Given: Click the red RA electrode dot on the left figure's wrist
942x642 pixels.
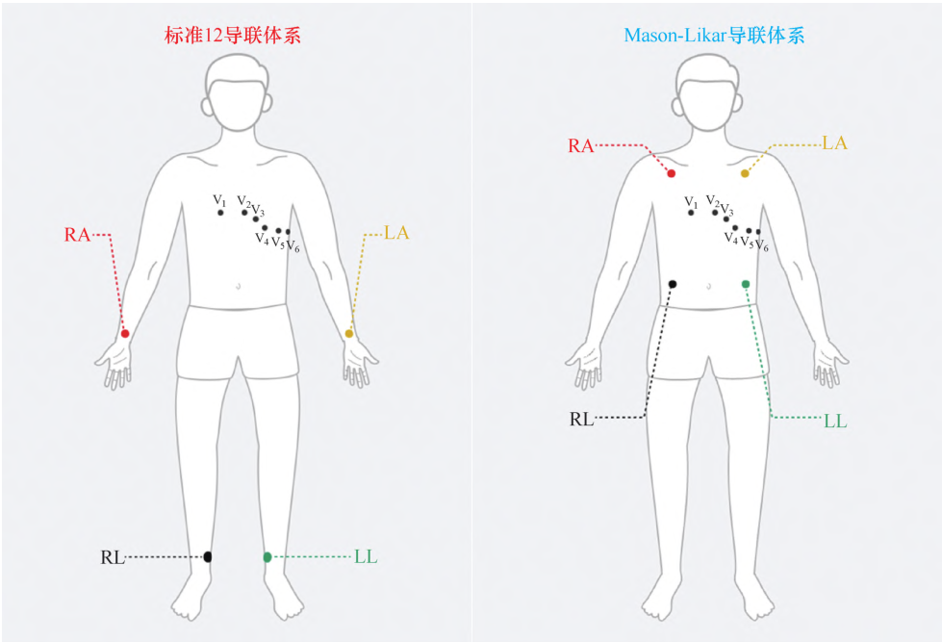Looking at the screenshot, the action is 125,334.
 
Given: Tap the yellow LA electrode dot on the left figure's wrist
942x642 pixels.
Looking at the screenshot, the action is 349,334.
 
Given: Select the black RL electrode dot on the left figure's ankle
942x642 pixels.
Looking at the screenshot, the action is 208,556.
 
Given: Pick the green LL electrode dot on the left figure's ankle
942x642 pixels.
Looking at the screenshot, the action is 267,557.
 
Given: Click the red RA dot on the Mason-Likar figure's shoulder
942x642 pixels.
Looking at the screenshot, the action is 672,173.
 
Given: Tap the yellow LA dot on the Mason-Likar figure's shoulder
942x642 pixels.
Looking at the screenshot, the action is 745,173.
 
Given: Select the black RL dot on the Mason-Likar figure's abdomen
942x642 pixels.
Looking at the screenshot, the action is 673,284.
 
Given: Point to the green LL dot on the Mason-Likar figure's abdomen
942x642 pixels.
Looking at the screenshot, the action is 746,284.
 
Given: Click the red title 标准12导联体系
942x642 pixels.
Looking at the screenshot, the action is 233,36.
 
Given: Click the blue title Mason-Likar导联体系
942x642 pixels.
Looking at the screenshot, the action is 714,36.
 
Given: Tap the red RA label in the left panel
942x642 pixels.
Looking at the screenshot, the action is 77,235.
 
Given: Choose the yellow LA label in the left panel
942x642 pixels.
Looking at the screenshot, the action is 396,233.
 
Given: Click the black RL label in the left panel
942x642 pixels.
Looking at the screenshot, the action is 113,558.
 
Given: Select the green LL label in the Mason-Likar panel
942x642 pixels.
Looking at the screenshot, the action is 835,422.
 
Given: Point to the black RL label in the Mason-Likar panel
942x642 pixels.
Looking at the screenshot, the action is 581,419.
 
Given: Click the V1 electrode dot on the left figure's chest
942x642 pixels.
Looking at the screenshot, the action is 220,213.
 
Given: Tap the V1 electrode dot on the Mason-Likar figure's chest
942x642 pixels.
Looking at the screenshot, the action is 691,213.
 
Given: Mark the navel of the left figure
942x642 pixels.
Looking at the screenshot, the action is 239,286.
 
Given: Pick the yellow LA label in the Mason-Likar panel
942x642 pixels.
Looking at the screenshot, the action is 834,143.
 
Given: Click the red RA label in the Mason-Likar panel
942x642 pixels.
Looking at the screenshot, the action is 581,146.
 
